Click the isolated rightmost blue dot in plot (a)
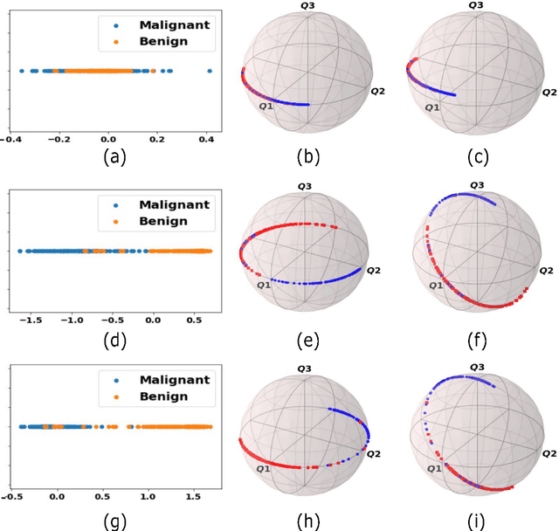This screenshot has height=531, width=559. [209, 71]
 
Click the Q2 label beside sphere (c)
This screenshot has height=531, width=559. [549, 92]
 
